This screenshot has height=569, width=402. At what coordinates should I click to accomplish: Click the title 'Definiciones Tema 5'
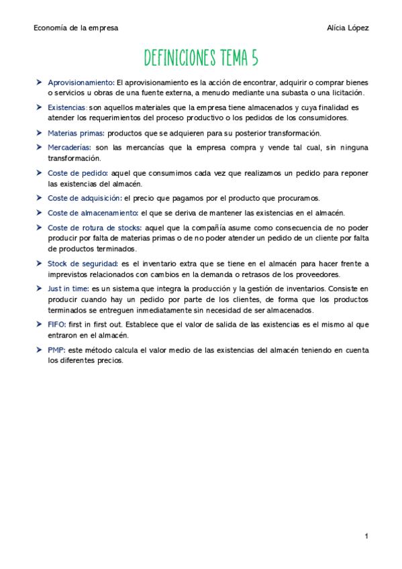pyautogui.click(x=201, y=58)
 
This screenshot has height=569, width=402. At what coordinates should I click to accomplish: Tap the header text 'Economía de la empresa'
pyautogui.click(x=76, y=28)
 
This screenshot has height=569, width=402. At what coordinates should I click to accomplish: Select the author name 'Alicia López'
pyautogui.click(x=348, y=28)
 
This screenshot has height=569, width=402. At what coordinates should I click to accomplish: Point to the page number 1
pyautogui.click(x=366, y=537)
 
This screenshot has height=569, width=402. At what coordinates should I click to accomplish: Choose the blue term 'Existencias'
pyautogui.click(x=67, y=107)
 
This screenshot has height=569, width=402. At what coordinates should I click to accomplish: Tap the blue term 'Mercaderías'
pyautogui.click(x=69, y=147)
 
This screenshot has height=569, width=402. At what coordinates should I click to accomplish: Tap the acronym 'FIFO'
pyautogui.click(x=56, y=324)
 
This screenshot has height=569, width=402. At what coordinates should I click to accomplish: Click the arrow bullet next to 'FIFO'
pyautogui.click(x=40, y=324)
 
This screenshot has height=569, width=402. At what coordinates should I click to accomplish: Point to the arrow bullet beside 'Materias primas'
pyautogui.click(x=40, y=133)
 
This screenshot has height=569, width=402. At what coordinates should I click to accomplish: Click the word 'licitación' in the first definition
pyautogui.click(x=344, y=92)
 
